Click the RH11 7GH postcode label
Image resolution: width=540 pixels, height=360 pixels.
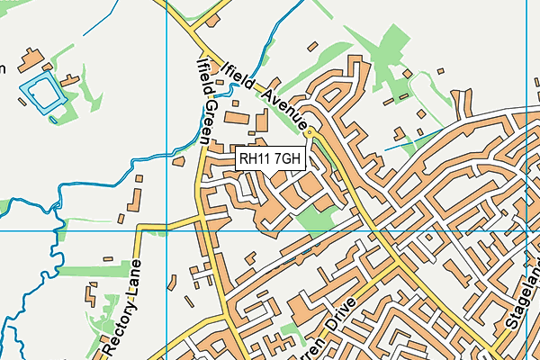[273, 159]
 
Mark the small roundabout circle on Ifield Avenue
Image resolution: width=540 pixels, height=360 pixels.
[310, 133]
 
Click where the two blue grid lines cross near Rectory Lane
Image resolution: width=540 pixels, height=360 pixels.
[167, 230]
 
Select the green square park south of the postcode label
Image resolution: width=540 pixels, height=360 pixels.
[314, 217]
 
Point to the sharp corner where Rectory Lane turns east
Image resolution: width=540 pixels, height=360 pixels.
[139, 227]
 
